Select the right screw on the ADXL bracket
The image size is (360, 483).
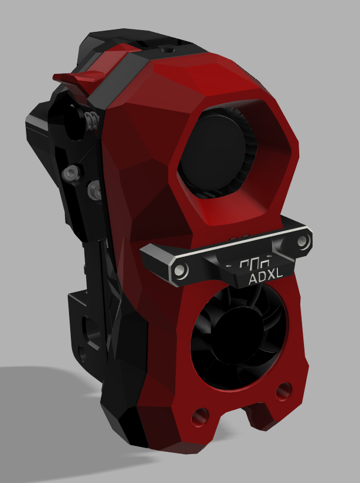pyautogui.click(x=302, y=241)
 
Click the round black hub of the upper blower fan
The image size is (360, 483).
pyautogui.click(x=213, y=151)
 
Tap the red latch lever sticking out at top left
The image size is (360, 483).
pyautogui.click(x=81, y=76)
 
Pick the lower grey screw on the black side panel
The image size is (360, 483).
pyautogui.click(x=95, y=190)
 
